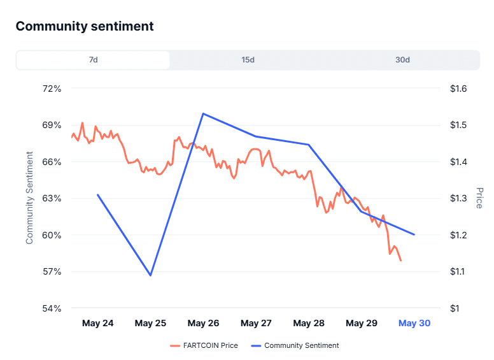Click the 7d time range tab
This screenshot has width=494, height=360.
(x=93, y=60)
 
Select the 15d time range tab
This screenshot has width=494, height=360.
(x=248, y=60)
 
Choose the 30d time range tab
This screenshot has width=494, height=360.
(x=402, y=60)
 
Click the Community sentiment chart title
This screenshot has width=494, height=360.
(x=85, y=26)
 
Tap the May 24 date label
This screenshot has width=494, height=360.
(x=97, y=323)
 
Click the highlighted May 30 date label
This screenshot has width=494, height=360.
(x=414, y=323)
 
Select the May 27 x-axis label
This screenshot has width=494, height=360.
(x=256, y=323)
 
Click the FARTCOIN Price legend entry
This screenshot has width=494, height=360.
(x=204, y=345)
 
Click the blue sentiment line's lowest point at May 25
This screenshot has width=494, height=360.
(x=151, y=275)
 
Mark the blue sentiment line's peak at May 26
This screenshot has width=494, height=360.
(x=203, y=113)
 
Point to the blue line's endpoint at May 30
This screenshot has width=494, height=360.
(x=414, y=234)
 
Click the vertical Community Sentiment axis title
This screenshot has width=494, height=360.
(x=29, y=198)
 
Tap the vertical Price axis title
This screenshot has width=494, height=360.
(x=479, y=198)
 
